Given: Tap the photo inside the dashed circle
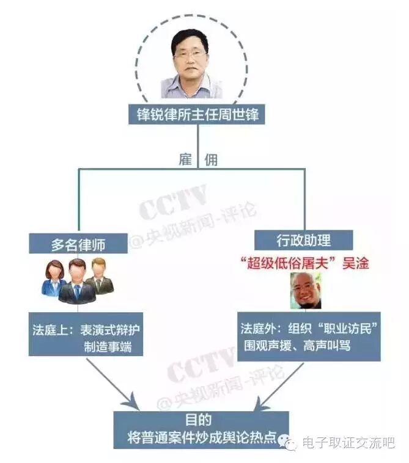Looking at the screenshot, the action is click(191, 64).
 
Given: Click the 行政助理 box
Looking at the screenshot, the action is click(304, 239).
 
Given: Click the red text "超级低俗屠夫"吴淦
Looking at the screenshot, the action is click(304, 263).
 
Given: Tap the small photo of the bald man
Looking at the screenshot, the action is click(305, 290).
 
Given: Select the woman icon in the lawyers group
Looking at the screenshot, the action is click(54, 279).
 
